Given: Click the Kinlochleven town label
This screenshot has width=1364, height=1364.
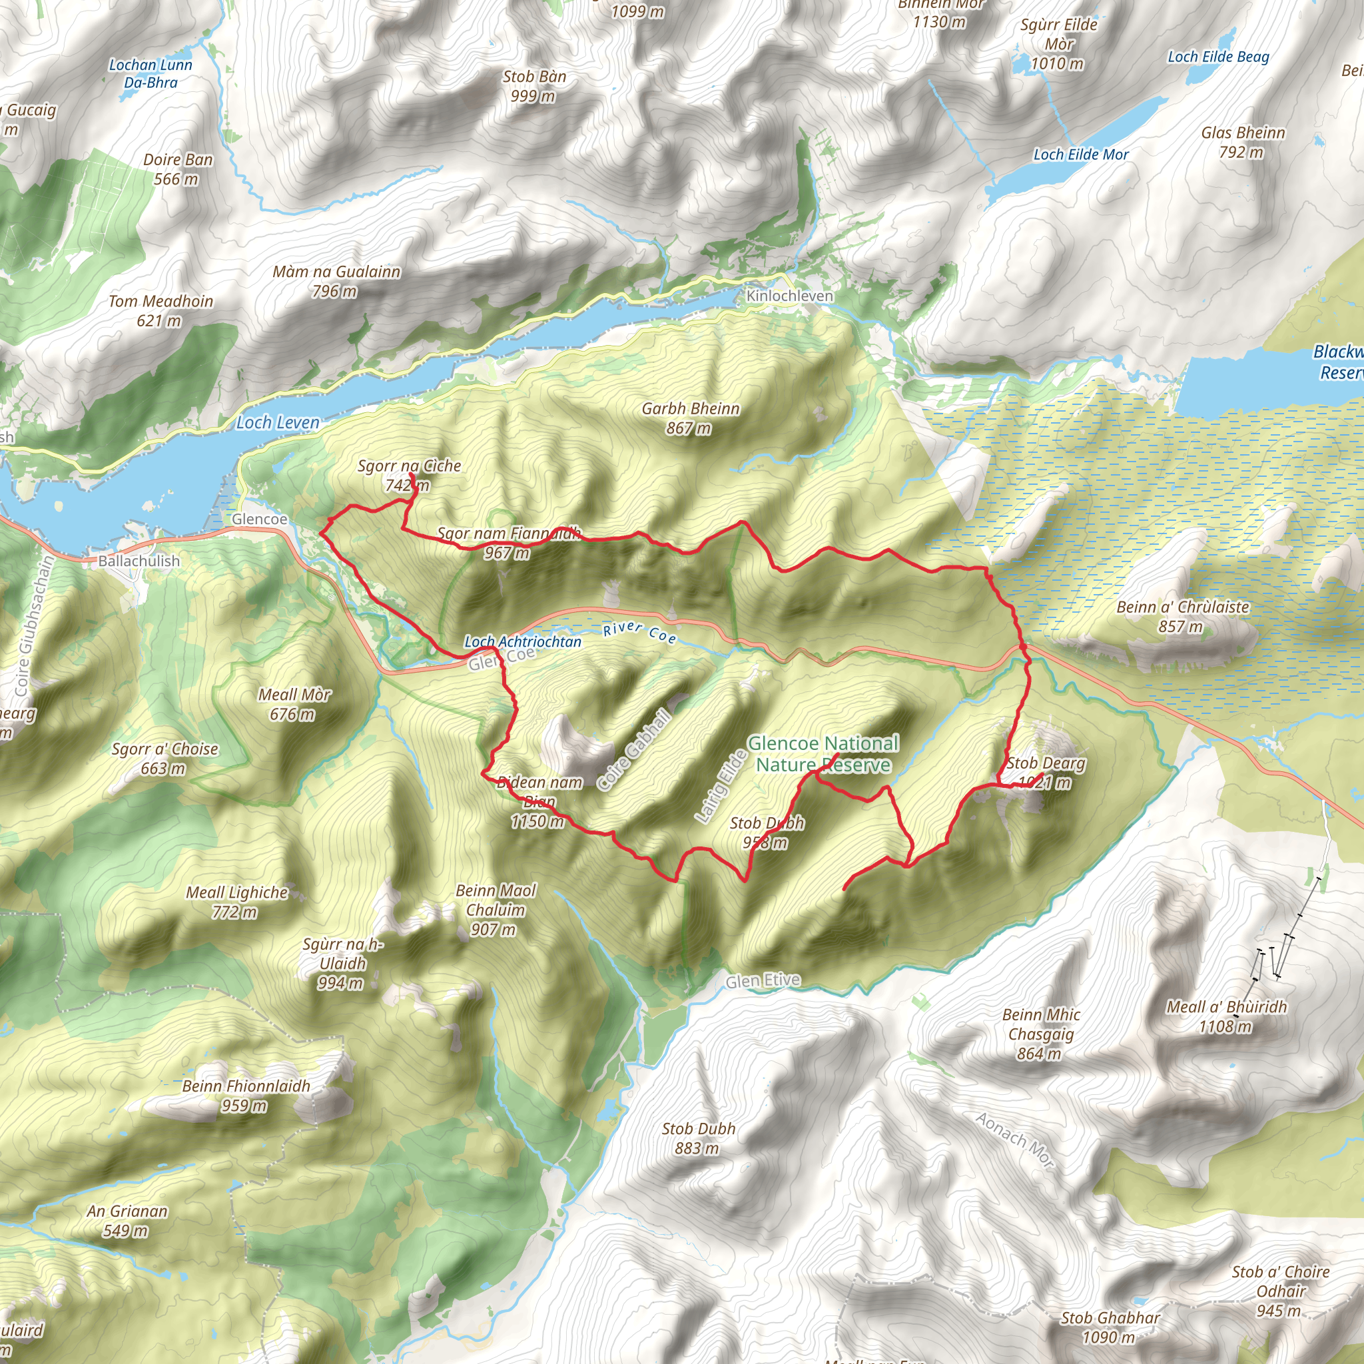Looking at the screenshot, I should [789, 296].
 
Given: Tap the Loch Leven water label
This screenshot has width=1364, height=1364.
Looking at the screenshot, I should [278, 422].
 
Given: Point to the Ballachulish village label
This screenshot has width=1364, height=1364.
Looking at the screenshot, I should [139, 561].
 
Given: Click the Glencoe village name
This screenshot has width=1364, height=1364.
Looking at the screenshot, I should [259, 519].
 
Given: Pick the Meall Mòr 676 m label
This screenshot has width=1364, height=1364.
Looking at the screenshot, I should [294, 704].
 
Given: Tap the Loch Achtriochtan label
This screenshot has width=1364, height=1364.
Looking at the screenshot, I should [522, 642].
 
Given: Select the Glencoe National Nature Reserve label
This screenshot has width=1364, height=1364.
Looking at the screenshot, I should [823, 753].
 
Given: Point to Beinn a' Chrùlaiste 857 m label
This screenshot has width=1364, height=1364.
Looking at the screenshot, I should [1183, 615].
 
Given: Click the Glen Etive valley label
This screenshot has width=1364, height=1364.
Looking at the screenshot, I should [763, 980].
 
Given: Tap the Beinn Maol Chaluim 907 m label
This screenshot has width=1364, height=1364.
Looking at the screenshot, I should [496, 909].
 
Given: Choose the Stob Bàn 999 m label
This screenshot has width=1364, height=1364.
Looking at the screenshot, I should [533, 85].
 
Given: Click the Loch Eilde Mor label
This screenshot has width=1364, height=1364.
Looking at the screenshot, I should [1080, 154].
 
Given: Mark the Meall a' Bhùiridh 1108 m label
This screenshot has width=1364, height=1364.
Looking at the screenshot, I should [1226, 1016].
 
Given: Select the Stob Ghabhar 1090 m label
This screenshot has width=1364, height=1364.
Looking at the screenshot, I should [1110, 1327].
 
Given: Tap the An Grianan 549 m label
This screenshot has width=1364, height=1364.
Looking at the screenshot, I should [127, 1221].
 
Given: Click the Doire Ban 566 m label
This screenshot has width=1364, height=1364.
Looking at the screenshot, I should [178, 169].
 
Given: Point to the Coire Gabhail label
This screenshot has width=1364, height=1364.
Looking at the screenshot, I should [633, 751].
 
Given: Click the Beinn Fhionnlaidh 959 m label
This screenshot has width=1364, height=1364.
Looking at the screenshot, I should [246, 1095].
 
